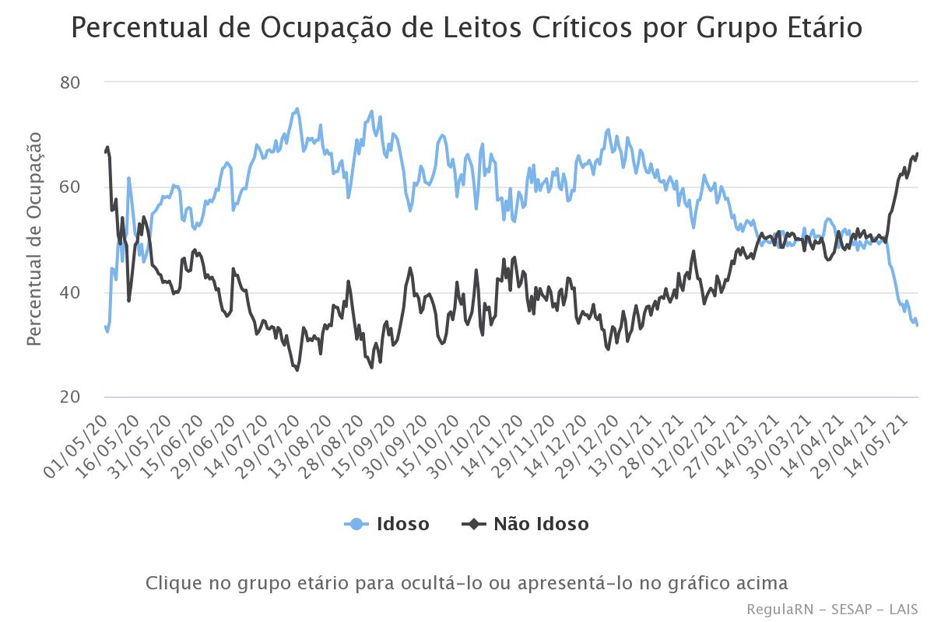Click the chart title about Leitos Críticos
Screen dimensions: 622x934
[x=467, y=28]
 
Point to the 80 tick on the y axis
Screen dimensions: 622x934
[x=71, y=82]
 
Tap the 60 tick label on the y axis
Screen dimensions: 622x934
[x=71, y=187]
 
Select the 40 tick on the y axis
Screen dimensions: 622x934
[x=71, y=292]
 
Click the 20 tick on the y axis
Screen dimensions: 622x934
[x=71, y=398]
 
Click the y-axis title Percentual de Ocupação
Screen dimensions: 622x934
[x=34, y=239]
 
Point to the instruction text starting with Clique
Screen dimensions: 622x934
[x=467, y=583]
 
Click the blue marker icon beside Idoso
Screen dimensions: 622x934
[x=356, y=524]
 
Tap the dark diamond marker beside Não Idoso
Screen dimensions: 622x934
[x=473, y=524]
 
